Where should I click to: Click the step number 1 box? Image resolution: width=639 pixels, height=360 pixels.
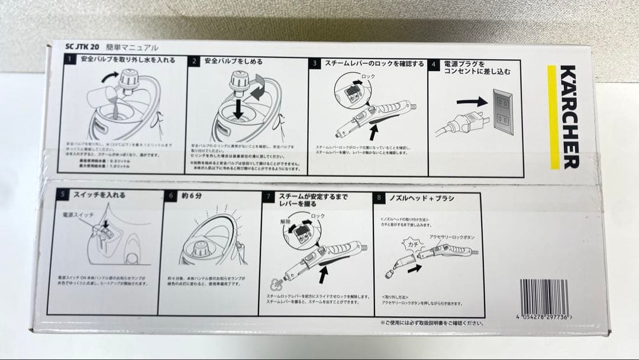pyautogui.click(x=70, y=60)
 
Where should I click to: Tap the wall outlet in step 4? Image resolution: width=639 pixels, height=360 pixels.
pyautogui.click(x=502, y=111)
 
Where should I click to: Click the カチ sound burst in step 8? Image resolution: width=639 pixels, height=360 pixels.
pyautogui.click(x=411, y=243)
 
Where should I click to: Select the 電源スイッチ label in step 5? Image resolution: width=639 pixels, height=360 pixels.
pyautogui.click(x=75, y=215)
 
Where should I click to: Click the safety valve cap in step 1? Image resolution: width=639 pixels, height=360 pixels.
pyautogui.click(x=129, y=79)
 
